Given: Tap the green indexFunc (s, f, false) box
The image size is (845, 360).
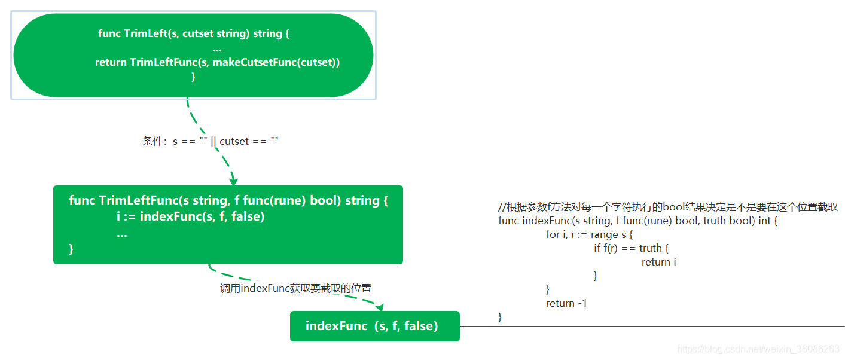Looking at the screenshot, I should click(374, 326).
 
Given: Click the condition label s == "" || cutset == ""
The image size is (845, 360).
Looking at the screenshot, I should click(211, 141).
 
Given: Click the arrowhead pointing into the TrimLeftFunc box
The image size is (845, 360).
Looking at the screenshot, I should click(233, 181).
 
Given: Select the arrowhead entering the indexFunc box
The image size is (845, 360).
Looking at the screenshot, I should click(379, 307).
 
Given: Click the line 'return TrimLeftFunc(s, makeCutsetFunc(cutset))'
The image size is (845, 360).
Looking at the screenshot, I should click(217, 62).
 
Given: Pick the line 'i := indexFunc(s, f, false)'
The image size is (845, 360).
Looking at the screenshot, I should click(190, 216).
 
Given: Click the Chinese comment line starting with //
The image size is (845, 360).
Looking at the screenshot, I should click(667, 207).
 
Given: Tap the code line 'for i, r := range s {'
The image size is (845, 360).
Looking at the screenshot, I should click(589, 234).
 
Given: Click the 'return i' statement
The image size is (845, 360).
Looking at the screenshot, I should click(658, 262).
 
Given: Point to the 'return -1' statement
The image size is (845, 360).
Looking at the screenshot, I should click(566, 303).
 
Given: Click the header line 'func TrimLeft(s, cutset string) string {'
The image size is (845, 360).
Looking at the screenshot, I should click(194, 33).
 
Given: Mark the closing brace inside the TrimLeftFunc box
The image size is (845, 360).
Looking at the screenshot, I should click(71, 249).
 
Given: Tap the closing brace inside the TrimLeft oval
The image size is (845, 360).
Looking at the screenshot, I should click(193, 77).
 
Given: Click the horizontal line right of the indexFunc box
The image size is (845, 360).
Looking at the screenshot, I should click(652, 326).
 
